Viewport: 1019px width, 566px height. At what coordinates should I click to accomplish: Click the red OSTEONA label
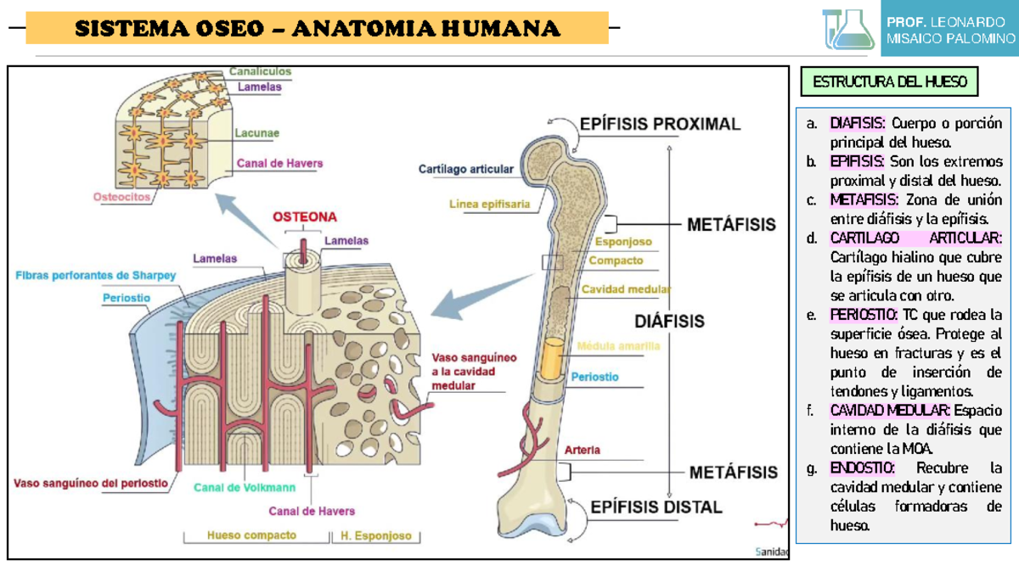click(305, 216)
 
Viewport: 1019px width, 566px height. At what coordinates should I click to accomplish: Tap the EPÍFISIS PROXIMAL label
click(660, 124)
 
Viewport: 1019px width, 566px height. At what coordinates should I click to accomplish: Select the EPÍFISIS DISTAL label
click(656, 507)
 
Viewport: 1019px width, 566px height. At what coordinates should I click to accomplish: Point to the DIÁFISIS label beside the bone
click(670, 322)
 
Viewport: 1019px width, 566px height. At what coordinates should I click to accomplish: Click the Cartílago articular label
click(465, 169)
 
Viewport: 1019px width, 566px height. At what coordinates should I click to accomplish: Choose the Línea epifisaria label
click(490, 204)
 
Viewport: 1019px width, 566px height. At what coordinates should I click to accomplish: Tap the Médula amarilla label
click(618, 345)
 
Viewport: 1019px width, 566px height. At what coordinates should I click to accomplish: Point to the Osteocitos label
click(121, 196)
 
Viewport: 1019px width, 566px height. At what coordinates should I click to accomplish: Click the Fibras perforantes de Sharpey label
click(96, 275)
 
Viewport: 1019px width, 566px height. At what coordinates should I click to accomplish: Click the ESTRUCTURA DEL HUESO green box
click(889, 82)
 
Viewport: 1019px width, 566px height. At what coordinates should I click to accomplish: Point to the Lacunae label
click(257, 133)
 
